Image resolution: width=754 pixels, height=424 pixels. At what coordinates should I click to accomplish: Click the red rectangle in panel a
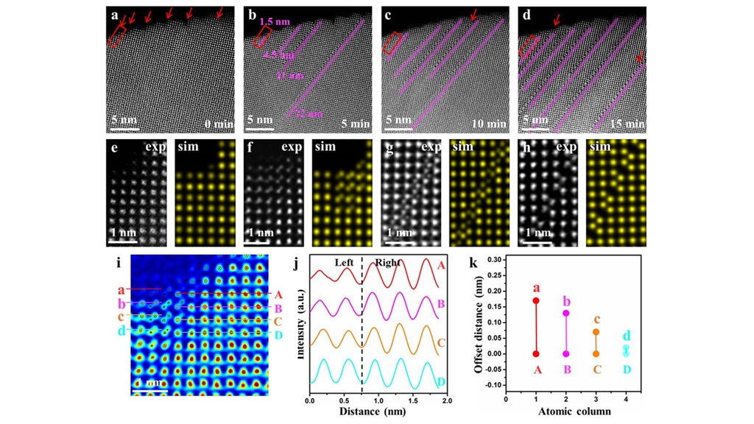[x=116, y=35]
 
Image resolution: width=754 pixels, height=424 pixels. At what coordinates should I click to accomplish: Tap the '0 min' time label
[x=219, y=124]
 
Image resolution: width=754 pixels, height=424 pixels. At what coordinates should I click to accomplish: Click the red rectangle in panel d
[x=527, y=47]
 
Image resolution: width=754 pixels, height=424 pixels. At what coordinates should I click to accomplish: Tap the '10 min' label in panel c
[x=492, y=124]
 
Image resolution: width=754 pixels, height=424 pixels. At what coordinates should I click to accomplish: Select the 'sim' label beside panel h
[x=601, y=147]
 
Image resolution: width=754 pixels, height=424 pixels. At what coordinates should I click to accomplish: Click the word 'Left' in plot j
[x=345, y=262]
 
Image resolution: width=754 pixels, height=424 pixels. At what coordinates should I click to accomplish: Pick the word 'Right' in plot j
[x=386, y=262]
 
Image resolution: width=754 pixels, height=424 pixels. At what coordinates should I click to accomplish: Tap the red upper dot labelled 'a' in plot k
[x=536, y=300]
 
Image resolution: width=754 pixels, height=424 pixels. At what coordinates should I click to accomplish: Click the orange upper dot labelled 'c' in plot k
[x=596, y=332]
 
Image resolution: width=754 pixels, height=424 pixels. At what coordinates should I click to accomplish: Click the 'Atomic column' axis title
[x=574, y=411]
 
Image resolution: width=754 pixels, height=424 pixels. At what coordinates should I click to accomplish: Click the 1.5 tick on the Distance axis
[x=412, y=402]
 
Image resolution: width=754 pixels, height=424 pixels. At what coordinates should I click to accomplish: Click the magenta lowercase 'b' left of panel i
[x=121, y=303]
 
